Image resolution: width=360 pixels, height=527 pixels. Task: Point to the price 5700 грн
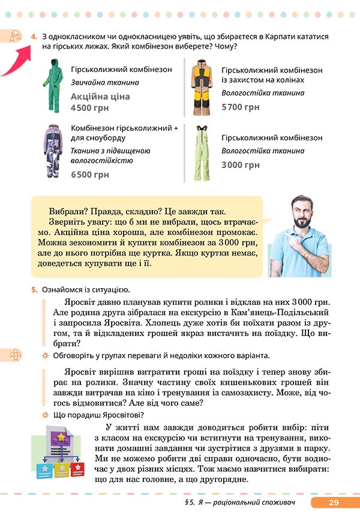pos(241,107)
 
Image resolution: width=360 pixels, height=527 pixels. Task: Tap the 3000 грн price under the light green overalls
pos(241,164)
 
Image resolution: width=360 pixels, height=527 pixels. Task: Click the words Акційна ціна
pos(100,96)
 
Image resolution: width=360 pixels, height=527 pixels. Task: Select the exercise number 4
pos(34,37)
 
